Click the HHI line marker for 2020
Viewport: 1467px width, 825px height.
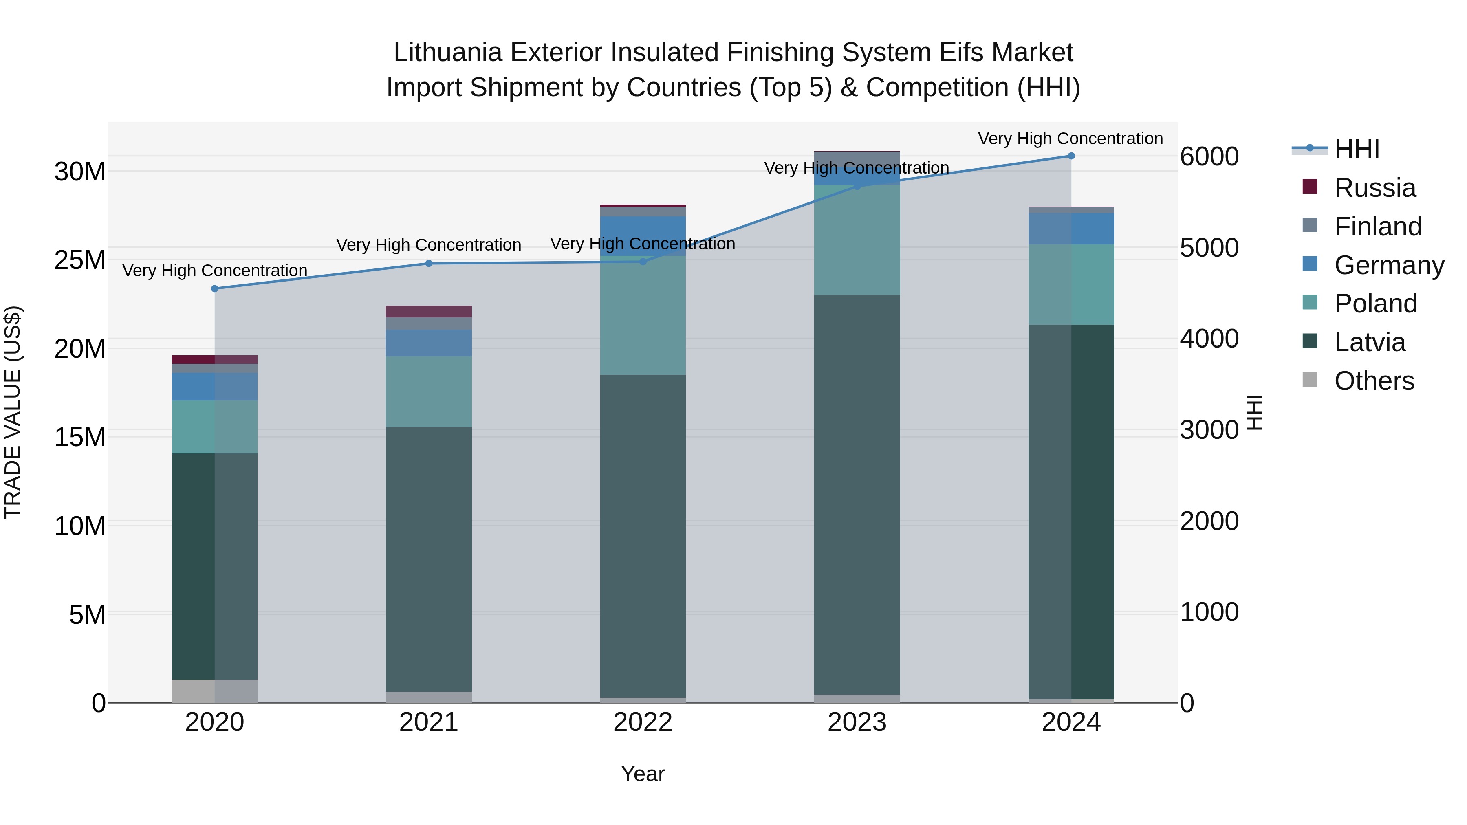click(215, 289)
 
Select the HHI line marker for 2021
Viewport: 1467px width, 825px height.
click(429, 264)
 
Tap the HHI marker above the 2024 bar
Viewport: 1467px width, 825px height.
click(1071, 156)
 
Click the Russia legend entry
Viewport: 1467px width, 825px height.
click(1374, 188)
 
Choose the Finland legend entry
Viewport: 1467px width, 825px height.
click(1377, 227)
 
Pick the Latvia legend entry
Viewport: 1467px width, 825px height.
click(1369, 342)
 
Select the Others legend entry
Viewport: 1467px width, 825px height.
click(1374, 381)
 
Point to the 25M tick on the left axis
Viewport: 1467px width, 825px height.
click(80, 260)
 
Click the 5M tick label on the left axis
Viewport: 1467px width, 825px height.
click(87, 615)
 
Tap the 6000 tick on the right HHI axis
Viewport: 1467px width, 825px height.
click(1209, 156)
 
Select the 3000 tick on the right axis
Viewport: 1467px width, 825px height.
click(1209, 430)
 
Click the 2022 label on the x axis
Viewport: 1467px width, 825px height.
click(643, 722)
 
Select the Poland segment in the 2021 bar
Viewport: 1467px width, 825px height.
click(429, 392)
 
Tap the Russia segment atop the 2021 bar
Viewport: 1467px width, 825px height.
click(429, 311)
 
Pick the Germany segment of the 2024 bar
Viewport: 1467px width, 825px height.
click(1071, 229)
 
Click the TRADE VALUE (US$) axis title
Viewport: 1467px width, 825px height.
click(13, 412)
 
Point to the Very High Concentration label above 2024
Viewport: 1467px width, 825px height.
click(1070, 139)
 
